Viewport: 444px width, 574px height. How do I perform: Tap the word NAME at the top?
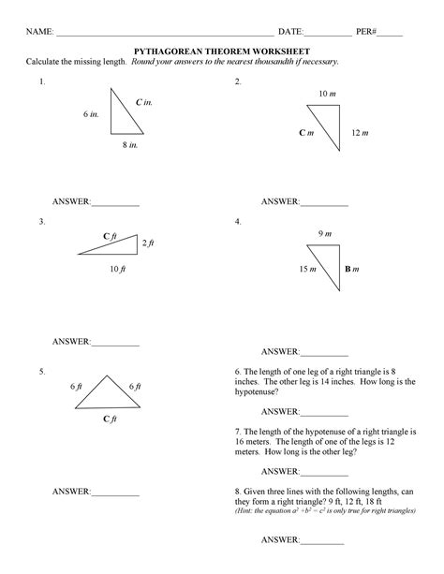(38, 31)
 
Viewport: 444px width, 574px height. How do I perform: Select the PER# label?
(367, 31)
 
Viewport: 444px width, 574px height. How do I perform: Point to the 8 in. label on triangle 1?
(129, 146)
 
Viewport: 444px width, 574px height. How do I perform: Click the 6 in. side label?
(90, 113)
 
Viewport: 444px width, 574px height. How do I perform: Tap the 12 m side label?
(361, 134)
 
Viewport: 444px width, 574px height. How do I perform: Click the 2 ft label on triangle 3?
(147, 243)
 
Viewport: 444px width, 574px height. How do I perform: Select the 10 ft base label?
(116, 269)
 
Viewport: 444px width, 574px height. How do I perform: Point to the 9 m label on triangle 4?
(323, 233)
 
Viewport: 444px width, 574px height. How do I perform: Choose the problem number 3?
(42, 222)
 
